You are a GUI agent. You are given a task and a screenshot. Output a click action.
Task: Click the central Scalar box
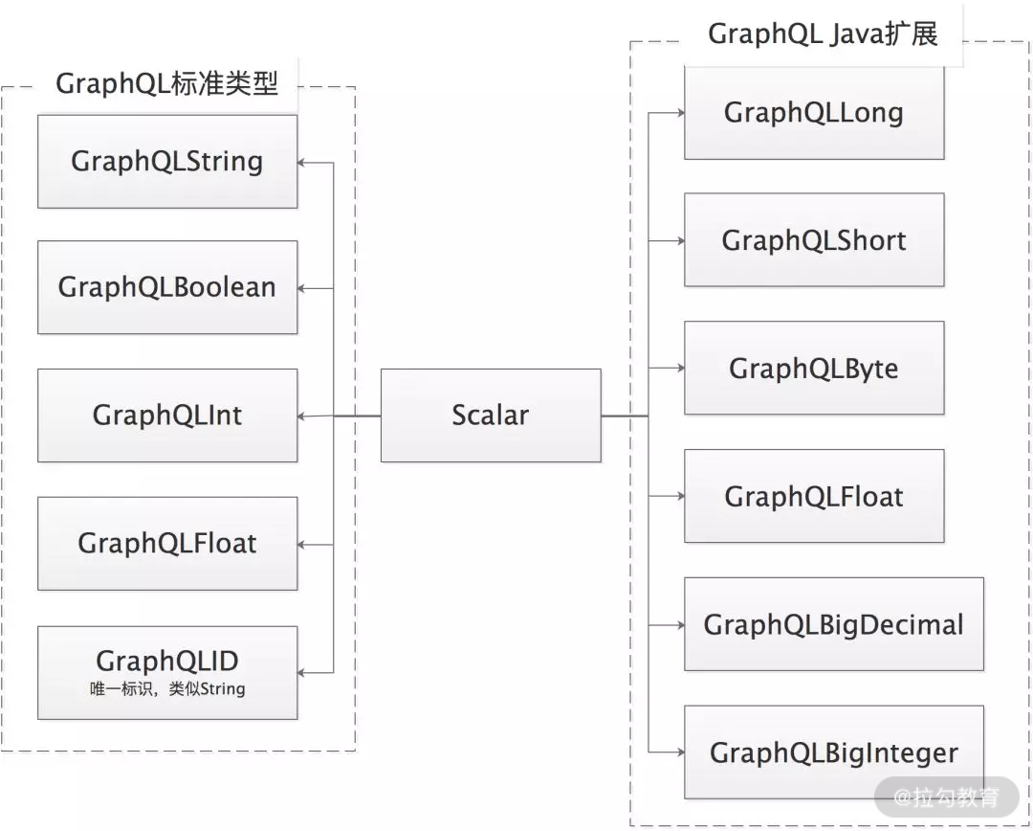click(491, 415)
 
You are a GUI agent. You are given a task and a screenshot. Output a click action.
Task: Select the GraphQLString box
click(167, 161)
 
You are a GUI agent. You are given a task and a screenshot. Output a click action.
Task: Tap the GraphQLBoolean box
click(167, 287)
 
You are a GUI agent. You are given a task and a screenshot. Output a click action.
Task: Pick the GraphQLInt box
click(167, 415)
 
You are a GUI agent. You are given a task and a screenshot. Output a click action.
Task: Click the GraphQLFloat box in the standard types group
click(167, 544)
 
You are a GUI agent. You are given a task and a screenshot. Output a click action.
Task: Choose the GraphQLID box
click(167, 663)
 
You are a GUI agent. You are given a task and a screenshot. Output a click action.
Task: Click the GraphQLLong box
click(814, 113)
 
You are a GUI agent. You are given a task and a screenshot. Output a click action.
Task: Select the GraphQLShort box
click(814, 240)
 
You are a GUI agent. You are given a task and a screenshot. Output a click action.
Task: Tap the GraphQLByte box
click(814, 369)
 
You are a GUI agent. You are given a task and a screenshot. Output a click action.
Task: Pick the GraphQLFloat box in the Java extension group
click(814, 497)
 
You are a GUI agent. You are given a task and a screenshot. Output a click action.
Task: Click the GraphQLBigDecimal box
click(834, 625)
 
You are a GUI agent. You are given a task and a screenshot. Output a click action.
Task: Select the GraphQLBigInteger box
click(834, 753)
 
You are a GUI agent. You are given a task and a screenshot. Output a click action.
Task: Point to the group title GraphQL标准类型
click(167, 84)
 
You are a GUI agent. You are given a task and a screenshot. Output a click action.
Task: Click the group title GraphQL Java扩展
click(823, 34)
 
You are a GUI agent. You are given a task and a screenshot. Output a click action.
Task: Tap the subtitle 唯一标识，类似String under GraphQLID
click(167, 688)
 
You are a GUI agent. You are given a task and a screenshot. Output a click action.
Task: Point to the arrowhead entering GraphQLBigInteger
click(679, 753)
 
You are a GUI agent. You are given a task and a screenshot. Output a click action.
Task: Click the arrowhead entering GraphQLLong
click(679, 112)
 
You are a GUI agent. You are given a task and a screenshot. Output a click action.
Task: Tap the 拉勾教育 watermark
click(946, 797)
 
